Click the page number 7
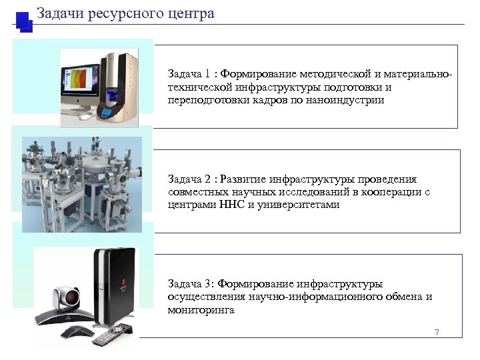tap(437, 333)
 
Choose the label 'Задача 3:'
tap(191, 283)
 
